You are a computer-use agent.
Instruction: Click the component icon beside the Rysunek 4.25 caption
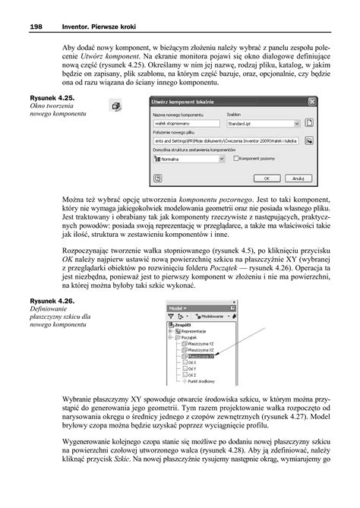pyautogui.click(x=115, y=108)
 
